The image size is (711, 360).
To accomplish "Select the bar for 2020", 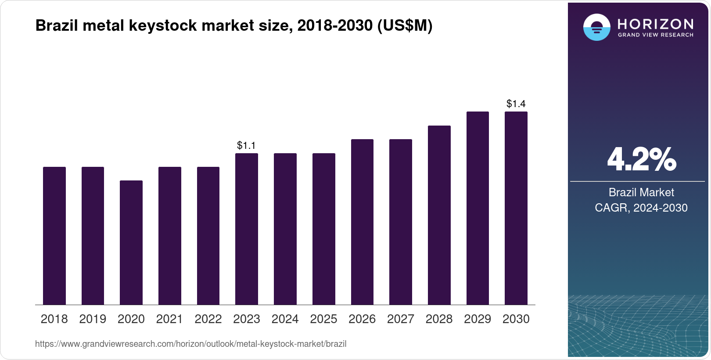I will point(131,242).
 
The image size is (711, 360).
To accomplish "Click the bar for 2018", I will point(54,236).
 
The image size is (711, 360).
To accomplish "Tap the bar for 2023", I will point(246,229).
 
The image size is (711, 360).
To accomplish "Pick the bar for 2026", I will point(362,222).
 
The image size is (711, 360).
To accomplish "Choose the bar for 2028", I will point(439,215).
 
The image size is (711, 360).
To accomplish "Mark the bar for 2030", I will point(516,208).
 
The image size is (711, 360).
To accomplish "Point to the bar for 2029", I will point(478,208).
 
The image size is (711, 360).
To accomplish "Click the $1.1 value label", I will point(246,145).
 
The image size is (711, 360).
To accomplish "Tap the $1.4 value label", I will point(516,104).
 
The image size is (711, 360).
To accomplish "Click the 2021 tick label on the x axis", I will point(169,319).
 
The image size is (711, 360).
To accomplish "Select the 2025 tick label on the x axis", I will point(323,319).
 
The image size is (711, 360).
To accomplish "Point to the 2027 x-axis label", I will point(400,319).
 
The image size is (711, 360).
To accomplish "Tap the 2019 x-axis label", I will point(93,319).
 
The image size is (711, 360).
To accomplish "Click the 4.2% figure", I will point(641,159).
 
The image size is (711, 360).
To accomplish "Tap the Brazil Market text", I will point(641,192).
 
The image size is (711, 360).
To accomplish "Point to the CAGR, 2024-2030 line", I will point(641,208).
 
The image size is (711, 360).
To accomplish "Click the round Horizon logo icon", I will point(596,27).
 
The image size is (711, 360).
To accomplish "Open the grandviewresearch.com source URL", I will point(190,344).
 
